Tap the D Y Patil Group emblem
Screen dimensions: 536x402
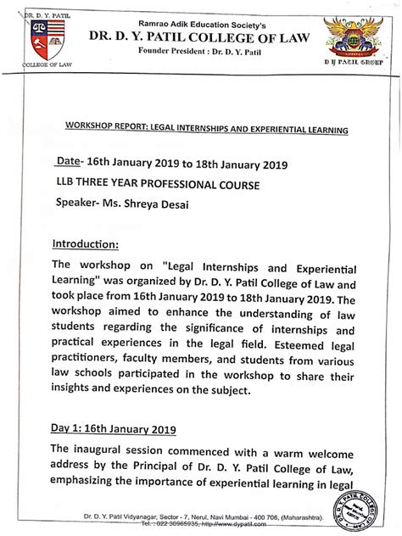click(x=357, y=35)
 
